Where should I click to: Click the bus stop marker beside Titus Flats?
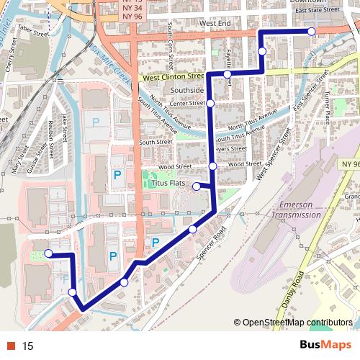[197, 186]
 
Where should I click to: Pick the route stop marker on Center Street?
[210, 104]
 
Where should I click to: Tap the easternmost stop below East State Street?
[311, 32]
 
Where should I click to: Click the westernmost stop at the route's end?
[48, 253]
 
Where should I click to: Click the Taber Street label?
[32, 31]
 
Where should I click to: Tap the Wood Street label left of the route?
[175, 166]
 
